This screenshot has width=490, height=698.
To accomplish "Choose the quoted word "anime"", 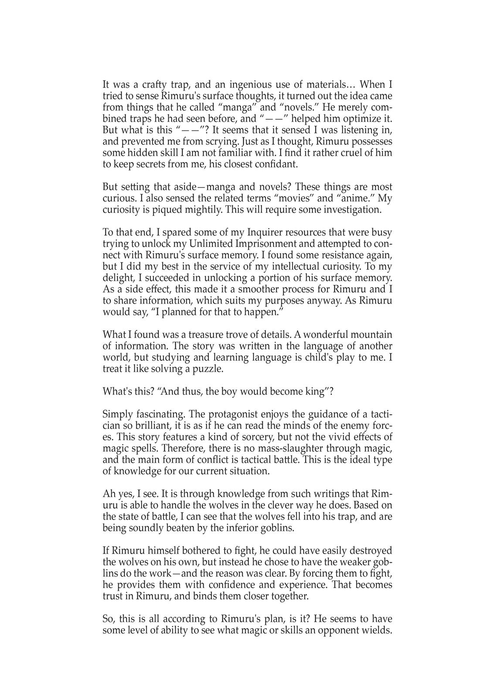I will [x=356, y=198].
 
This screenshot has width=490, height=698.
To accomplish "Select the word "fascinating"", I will [x=158, y=414].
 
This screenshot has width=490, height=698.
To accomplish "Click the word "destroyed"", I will [x=370, y=551].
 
